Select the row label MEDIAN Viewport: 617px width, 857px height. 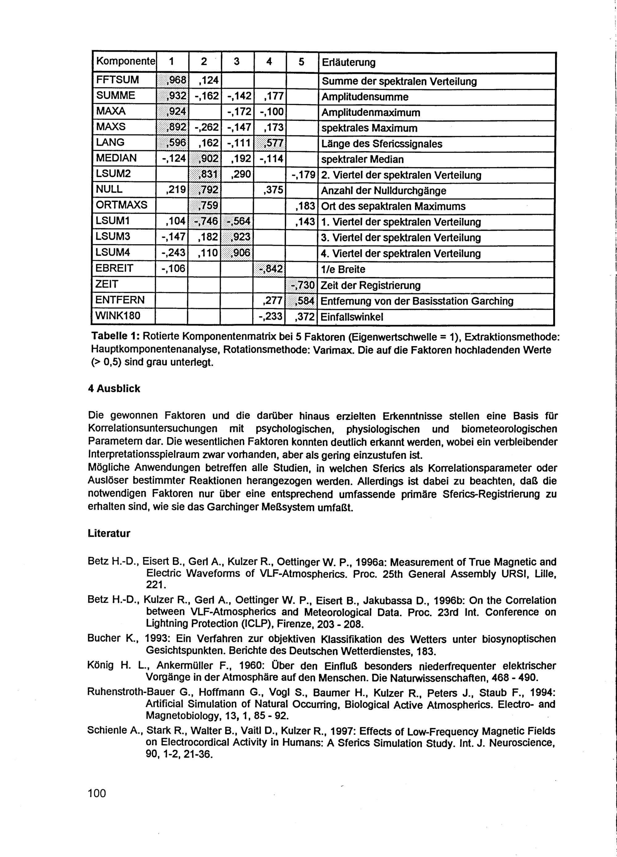point(116,158)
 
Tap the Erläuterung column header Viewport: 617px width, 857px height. point(348,62)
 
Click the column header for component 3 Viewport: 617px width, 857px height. point(237,62)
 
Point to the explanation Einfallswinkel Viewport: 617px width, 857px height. point(352,317)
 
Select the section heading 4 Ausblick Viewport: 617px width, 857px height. point(114,388)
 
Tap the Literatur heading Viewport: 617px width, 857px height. point(109,534)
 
